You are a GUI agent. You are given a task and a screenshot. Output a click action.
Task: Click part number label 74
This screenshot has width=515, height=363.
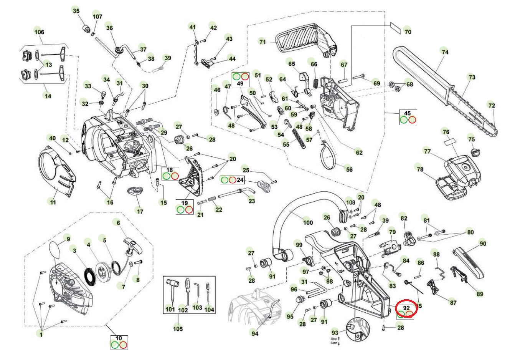point(445,52)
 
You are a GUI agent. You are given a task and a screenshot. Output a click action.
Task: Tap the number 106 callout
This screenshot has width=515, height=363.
point(39,32)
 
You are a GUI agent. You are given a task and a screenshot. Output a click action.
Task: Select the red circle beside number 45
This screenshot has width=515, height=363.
point(412,120)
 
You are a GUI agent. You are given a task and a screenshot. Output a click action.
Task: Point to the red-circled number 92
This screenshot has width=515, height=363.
point(406,308)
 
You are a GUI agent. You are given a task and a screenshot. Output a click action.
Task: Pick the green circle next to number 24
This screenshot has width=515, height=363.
point(224,180)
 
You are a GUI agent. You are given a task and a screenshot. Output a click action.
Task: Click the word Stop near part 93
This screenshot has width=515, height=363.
point(333,339)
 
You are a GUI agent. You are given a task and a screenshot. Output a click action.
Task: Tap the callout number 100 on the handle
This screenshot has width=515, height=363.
point(308,222)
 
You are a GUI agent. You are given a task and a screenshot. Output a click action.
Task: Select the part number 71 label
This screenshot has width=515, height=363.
point(262,42)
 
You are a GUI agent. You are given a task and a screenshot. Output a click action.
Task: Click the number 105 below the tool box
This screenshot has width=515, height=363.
point(178,328)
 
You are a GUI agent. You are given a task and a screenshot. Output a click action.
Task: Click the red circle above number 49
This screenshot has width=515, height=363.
point(245,76)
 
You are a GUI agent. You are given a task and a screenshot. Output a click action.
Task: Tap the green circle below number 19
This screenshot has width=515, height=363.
point(180,210)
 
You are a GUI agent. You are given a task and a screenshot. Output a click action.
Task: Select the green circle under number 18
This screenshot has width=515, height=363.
point(167,176)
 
